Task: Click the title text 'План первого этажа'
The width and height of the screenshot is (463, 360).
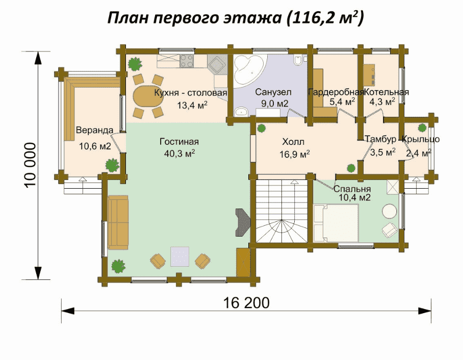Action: [x=194, y=18]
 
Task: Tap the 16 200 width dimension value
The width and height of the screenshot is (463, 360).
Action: [x=246, y=303]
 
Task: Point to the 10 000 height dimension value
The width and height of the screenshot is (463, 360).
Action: [x=31, y=165]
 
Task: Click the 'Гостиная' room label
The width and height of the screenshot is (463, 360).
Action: [x=179, y=142]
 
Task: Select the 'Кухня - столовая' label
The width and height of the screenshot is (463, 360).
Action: [x=191, y=93]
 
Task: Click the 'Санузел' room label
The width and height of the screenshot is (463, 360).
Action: [x=273, y=92]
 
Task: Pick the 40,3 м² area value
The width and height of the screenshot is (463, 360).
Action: [x=179, y=153]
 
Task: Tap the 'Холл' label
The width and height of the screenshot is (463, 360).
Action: [x=293, y=142]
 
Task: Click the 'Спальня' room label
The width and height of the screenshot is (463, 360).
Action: [x=352, y=189]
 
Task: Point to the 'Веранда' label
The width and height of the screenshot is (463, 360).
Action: [x=94, y=130]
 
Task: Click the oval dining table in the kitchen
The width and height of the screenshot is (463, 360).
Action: [x=148, y=96]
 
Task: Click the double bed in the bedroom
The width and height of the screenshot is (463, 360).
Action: [x=336, y=223]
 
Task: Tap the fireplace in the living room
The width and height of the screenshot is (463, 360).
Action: [x=242, y=222]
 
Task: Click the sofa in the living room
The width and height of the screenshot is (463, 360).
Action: [x=118, y=222]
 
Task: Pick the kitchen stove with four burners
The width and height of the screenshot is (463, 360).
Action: [x=187, y=61]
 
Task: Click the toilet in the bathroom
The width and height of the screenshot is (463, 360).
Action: [x=298, y=60]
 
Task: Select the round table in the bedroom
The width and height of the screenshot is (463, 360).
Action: [x=390, y=211]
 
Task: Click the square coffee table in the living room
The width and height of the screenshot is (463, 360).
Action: [x=179, y=256]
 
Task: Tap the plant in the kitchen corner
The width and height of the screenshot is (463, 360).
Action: [x=135, y=64]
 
